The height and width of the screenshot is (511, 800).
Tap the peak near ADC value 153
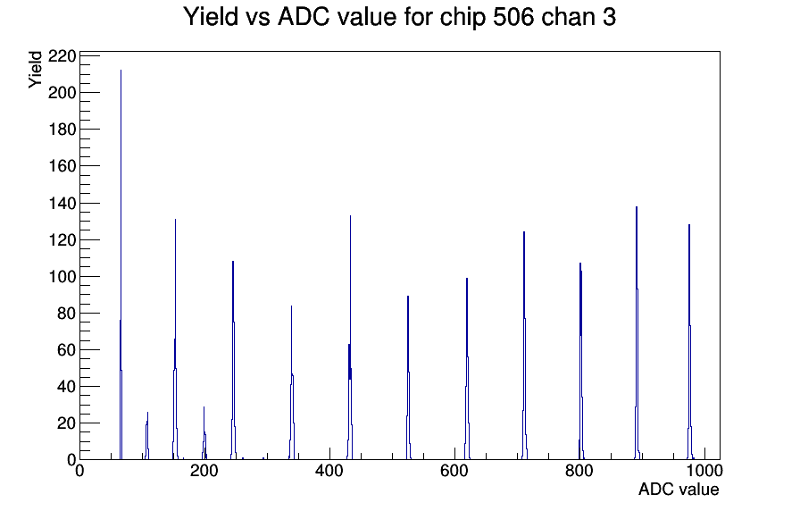tap(176, 339)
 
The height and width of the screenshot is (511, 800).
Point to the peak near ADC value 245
tap(233, 360)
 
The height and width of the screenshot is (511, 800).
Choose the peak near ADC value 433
tap(350, 337)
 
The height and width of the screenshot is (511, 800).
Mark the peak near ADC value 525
tap(408, 378)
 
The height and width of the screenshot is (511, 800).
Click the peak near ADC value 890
tap(637, 333)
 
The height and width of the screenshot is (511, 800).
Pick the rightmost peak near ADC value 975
tap(689, 342)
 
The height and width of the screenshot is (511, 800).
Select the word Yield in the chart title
tap(211, 16)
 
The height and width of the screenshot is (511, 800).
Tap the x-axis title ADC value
tap(679, 489)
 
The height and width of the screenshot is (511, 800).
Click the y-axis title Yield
tap(35, 70)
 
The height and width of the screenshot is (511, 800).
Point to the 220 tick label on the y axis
tap(62, 55)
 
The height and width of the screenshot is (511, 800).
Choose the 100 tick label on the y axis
tap(62, 277)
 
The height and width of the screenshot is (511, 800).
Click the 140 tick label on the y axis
tap(62, 203)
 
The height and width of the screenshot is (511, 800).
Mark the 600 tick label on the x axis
tap(454, 471)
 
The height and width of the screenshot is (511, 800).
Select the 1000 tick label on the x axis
tap(704, 471)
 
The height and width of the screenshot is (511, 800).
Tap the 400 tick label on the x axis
tap(329, 471)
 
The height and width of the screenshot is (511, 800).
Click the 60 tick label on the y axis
tap(66, 350)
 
